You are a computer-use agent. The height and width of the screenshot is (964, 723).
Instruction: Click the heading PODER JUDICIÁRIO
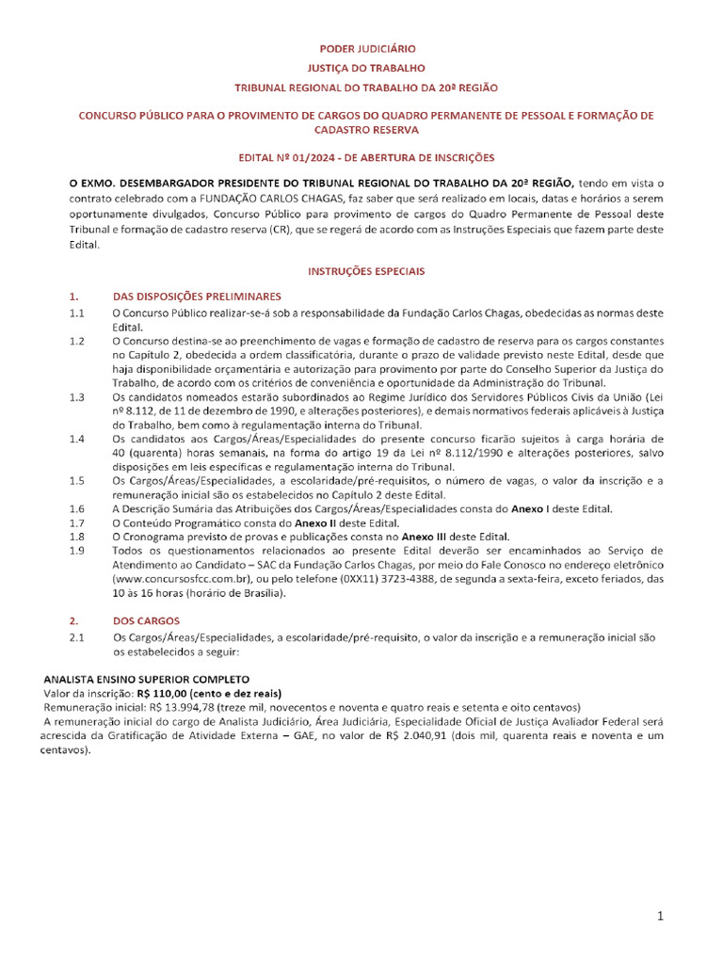(x=366, y=47)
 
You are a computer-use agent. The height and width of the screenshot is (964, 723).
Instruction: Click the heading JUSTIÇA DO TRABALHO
(x=366, y=68)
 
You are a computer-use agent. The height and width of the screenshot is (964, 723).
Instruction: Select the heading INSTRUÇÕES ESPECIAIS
(x=366, y=271)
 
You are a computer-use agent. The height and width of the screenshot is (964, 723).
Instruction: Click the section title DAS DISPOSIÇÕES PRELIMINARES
(x=197, y=296)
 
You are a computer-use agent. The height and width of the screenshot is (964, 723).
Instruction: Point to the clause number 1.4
(x=77, y=439)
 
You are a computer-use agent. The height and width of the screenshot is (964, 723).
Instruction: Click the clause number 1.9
(x=77, y=550)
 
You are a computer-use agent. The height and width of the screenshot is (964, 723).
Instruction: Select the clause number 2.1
(x=77, y=638)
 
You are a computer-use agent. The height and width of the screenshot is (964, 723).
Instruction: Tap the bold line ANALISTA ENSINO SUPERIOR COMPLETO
(x=147, y=679)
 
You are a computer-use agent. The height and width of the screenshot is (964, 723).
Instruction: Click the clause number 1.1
(x=77, y=312)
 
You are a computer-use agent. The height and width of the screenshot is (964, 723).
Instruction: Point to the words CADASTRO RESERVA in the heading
(x=366, y=130)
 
